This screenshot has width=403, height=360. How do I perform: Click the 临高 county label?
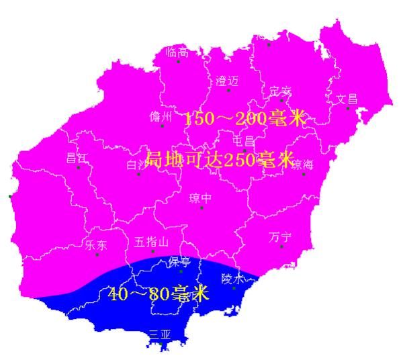pyautogui.click(x=177, y=52)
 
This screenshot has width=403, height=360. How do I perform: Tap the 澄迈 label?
pyautogui.click(x=227, y=81)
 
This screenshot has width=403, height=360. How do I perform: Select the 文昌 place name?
pyautogui.click(x=347, y=99)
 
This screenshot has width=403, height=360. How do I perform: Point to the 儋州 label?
pyautogui.click(x=161, y=117)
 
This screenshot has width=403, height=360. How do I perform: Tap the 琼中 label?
pyautogui.click(x=200, y=198)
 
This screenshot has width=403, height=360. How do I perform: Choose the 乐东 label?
pyautogui.click(x=96, y=244)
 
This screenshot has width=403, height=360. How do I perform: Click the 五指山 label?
pyautogui.click(x=152, y=242)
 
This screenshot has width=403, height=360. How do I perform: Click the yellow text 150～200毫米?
pyautogui.click(x=244, y=120)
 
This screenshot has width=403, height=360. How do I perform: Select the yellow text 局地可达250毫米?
pyautogui.click(x=220, y=161)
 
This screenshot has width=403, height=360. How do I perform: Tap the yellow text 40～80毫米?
pyautogui.click(x=159, y=294)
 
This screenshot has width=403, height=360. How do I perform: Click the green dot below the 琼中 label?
pyautogui.click(x=201, y=208)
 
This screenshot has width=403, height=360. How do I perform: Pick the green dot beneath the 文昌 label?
pyautogui.click(x=347, y=109)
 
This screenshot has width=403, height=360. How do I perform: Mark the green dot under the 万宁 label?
pyautogui.click(x=281, y=246)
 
